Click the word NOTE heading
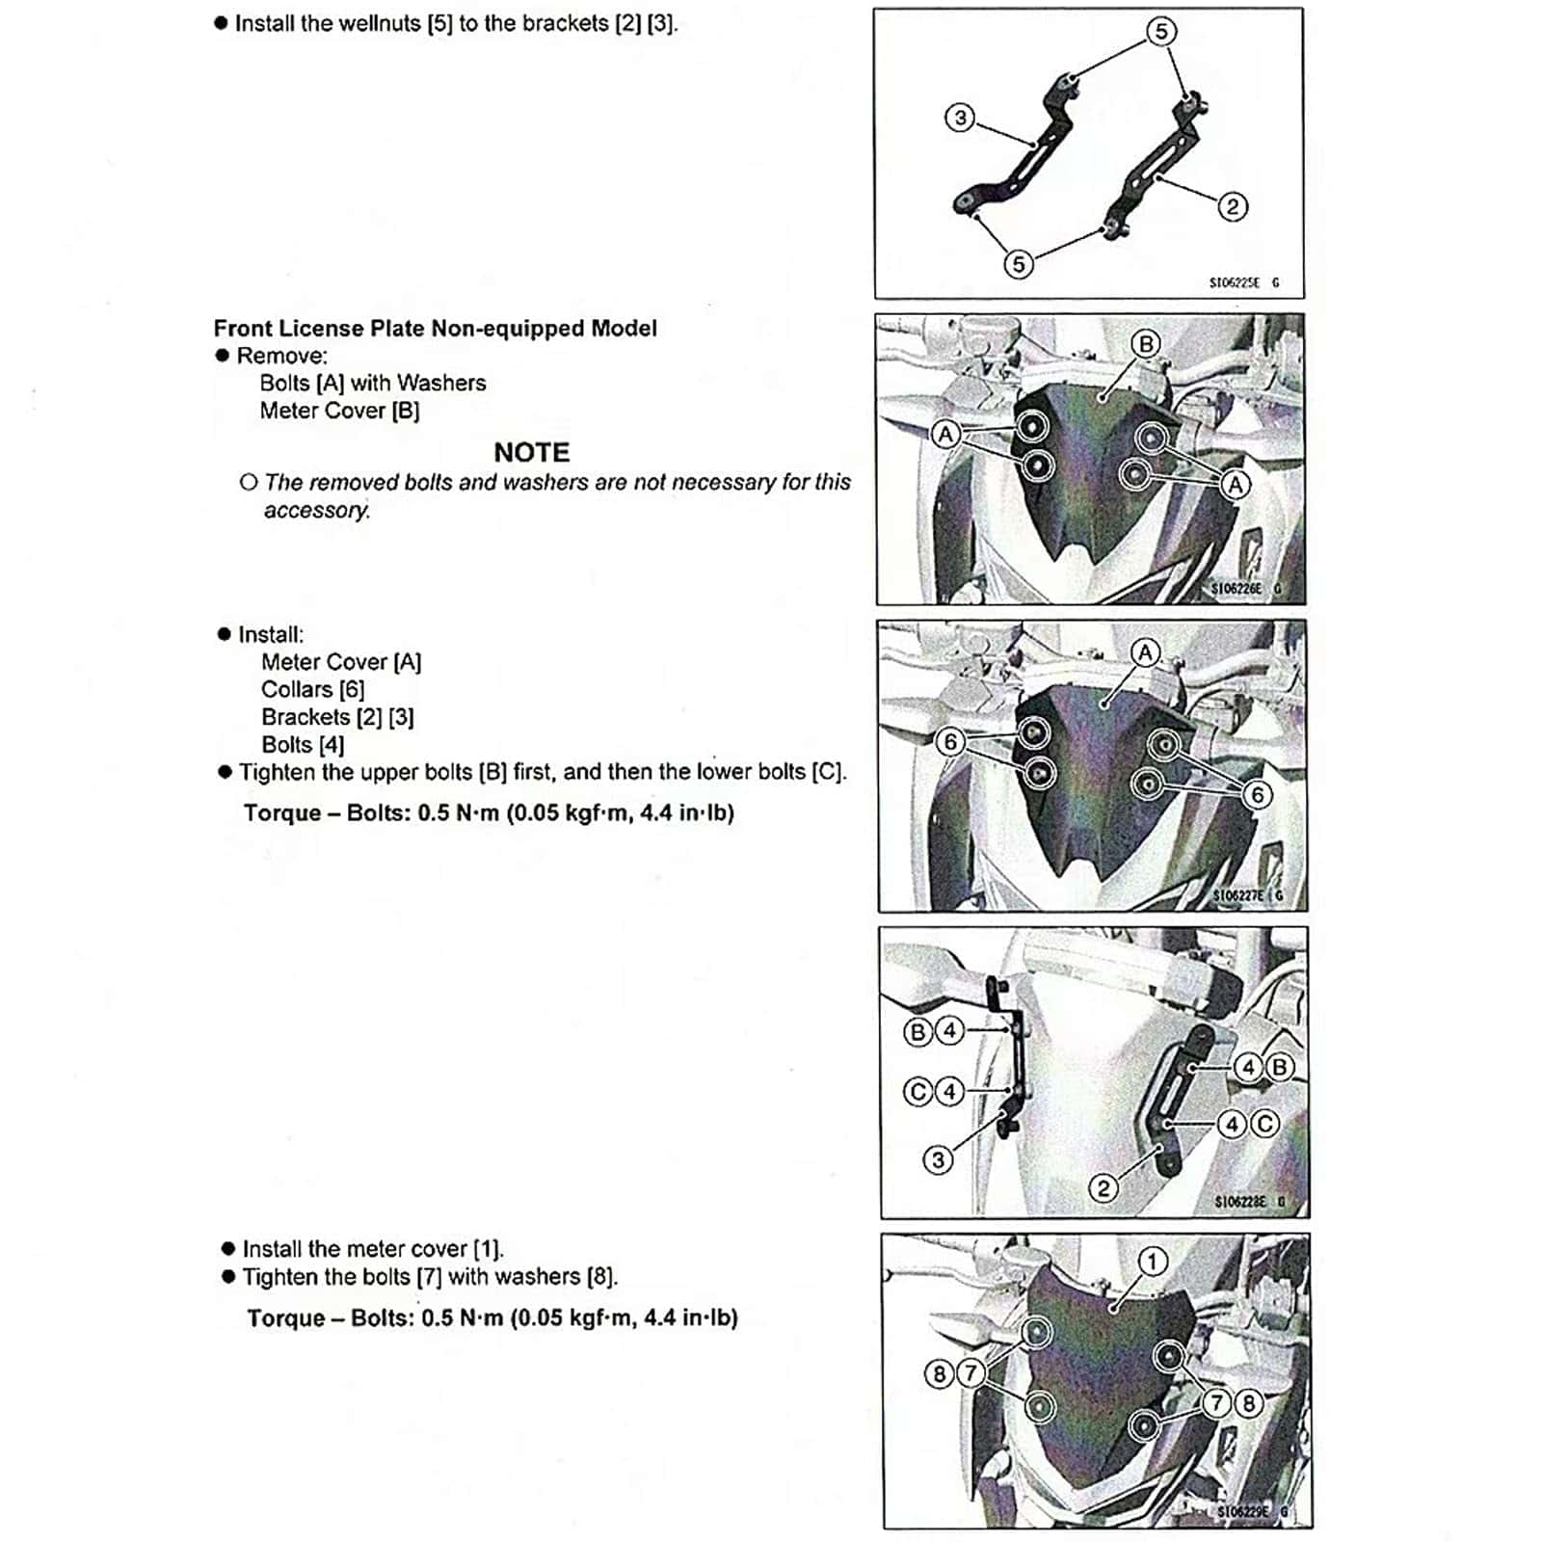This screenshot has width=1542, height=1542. click(x=531, y=452)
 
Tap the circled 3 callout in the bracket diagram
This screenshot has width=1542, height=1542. click(x=959, y=118)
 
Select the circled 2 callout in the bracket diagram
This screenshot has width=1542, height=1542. click(x=1232, y=206)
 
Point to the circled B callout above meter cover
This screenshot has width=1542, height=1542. click(x=1145, y=344)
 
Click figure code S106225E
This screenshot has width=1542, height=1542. click(x=1234, y=282)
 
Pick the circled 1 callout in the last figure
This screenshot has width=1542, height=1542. click(x=1153, y=1262)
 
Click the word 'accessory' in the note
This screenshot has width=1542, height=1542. click(x=316, y=510)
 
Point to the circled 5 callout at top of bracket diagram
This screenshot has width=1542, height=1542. click(x=1161, y=32)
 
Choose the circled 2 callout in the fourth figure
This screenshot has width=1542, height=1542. click(x=1103, y=1188)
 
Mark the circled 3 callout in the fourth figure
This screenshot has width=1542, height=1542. click(x=938, y=1159)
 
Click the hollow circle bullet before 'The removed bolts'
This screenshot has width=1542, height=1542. click(x=249, y=482)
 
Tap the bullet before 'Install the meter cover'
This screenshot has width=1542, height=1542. click(x=228, y=1249)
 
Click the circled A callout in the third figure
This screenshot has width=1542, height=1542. click(x=1145, y=653)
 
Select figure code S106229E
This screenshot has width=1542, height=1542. click(x=1242, y=1511)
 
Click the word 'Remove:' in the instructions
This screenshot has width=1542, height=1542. click(x=281, y=356)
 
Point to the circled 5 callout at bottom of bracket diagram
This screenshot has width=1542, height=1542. click(x=1018, y=263)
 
